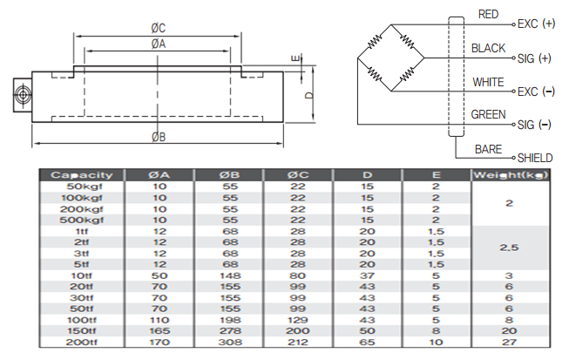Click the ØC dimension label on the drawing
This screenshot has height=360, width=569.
pos(158,27)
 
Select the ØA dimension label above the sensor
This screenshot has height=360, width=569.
pos(158,44)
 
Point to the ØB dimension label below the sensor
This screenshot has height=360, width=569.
pos(158,137)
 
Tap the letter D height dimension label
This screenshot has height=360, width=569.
pos(309,95)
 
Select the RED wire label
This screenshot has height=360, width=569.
pos(490,15)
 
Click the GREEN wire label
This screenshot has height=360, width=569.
pos(488,114)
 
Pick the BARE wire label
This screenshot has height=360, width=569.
pos(488,149)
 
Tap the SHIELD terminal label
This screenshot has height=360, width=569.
pos(536,159)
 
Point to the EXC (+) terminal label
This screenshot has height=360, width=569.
pos(536,24)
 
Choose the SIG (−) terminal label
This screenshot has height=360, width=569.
pos(534,126)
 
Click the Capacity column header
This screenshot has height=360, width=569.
pos(83,175)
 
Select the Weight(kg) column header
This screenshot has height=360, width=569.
pos(510,175)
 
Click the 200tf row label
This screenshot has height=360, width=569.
pos(83,341)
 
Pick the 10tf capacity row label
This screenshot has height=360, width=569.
pos(83,275)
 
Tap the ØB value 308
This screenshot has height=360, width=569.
pos(229,341)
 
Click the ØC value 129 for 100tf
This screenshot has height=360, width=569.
pos(298,319)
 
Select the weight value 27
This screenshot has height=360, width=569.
pos(510,341)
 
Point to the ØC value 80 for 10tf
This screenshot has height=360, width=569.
pos(298,275)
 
